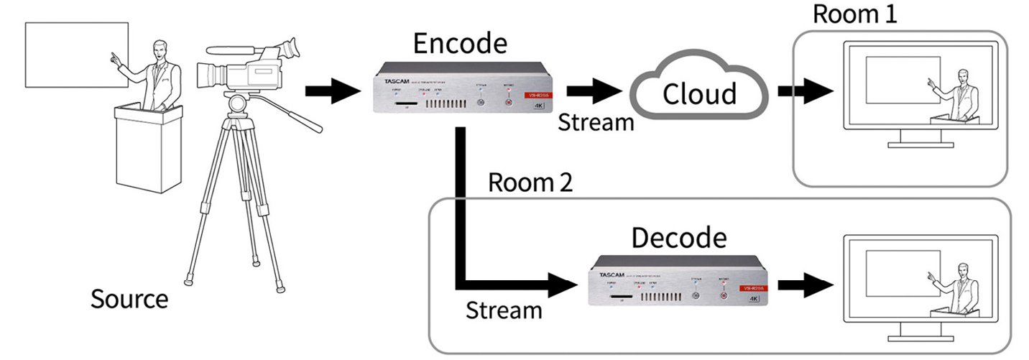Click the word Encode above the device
coord(460,45)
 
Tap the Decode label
coord(678,238)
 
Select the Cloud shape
coord(698,93)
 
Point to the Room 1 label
coord(854,14)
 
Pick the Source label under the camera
coord(129,298)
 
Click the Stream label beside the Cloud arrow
coord(596,122)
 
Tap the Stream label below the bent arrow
coord(504,310)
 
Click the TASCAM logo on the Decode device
coord(608,274)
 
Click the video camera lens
coord(211,74)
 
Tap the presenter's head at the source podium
coord(158,50)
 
